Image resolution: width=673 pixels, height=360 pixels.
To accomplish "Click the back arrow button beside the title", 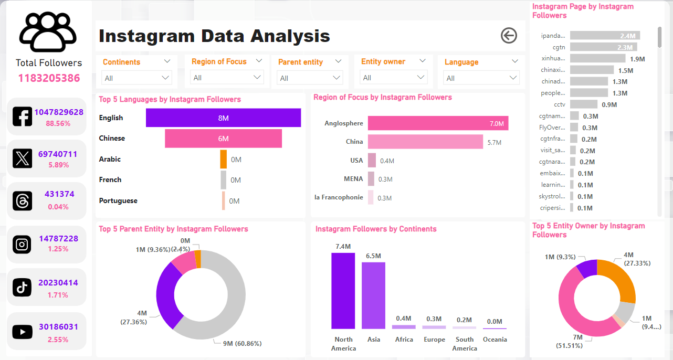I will [509, 36].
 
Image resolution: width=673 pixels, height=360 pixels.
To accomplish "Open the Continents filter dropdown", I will [136, 78].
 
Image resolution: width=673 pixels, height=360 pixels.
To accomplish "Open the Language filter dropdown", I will [481, 78].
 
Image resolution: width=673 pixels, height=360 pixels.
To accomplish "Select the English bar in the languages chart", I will [223, 118].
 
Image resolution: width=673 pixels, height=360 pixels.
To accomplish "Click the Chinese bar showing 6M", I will [223, 139].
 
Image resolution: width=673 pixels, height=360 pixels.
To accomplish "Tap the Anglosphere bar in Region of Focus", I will [438, 123].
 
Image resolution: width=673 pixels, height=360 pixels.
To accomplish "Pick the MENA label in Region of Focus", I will [353, 179].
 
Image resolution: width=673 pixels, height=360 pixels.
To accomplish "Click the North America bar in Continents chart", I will [343, 291].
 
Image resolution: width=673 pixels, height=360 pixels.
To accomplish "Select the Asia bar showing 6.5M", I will [373, 295].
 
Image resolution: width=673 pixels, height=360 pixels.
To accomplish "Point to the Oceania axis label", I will [495, 340].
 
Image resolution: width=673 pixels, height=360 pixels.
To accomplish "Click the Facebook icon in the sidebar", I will [22, 117].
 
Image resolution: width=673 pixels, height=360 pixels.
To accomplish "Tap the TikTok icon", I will [22, 287].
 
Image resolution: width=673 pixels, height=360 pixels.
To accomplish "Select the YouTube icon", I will [22, 331].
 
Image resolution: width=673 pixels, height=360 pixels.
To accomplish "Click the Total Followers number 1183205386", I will [49, 79].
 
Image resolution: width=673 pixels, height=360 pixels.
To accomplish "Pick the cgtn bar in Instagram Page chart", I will [603, 47].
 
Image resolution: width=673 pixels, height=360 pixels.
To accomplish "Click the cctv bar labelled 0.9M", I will [583, 104].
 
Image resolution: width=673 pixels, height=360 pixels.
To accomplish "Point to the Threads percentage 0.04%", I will [58, 207].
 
